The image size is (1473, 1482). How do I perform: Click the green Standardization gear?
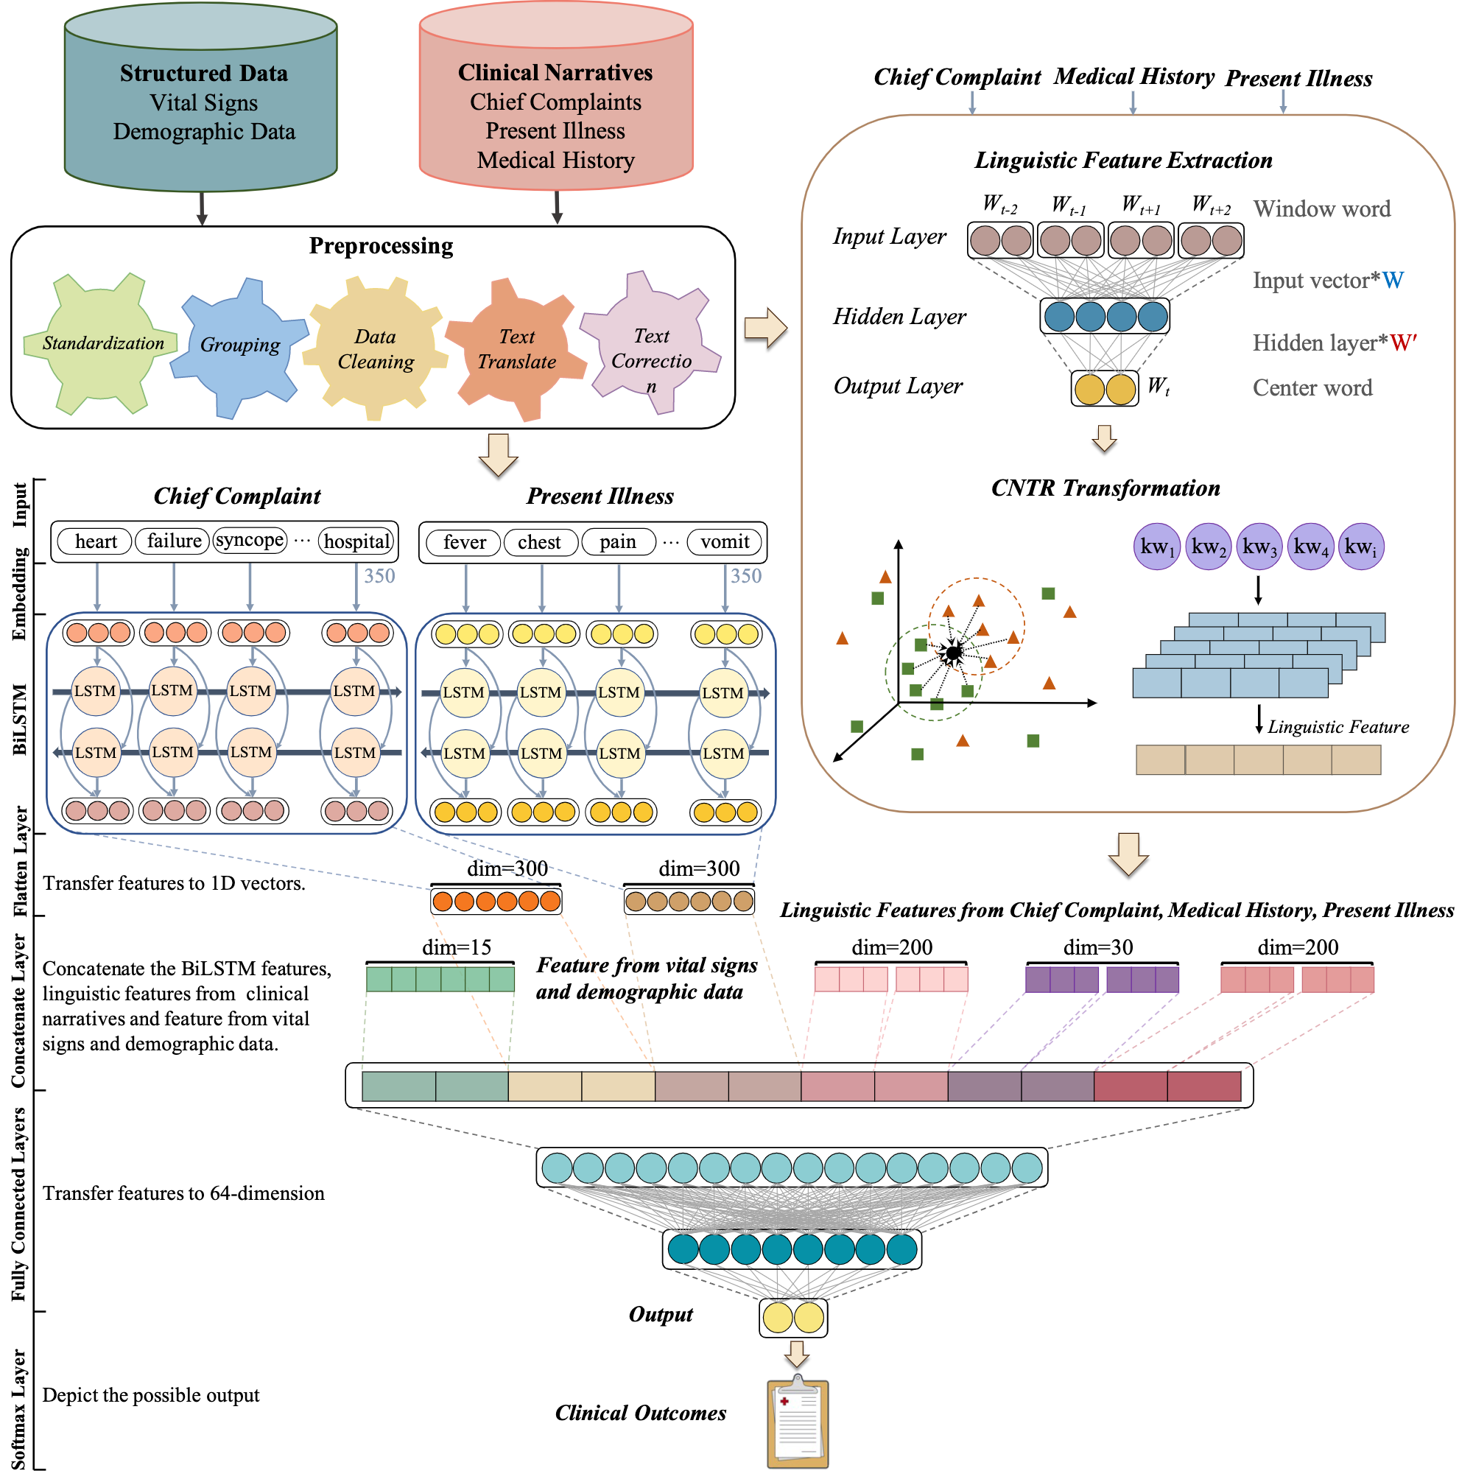[102, 344]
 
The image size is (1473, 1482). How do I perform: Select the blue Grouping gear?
[238, 346]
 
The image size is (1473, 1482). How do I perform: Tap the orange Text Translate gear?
[516, 349]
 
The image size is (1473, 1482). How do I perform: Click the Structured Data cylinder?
[201, 104]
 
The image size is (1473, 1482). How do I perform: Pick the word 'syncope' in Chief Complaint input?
[250, 541]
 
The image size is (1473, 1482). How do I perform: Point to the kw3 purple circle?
[1259, 548]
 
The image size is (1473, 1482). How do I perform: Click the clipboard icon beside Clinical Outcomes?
[797, 1423]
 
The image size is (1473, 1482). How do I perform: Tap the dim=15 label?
[457, 948]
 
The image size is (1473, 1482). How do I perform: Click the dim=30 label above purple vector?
[1098, 948]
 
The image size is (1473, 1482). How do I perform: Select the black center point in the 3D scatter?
[953, 653]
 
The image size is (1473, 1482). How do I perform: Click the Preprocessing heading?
[381, 246]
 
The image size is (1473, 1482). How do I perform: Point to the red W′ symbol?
[1402, 343]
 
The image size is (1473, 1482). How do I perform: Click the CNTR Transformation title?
[1105, 488]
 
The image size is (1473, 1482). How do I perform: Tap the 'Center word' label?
[1312, 388]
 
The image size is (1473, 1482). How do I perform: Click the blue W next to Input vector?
[1393, 281]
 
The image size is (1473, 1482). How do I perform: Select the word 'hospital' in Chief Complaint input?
[356, 542]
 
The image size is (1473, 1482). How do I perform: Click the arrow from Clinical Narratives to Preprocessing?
[557, 206]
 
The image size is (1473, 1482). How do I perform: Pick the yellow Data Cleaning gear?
[374, 350]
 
